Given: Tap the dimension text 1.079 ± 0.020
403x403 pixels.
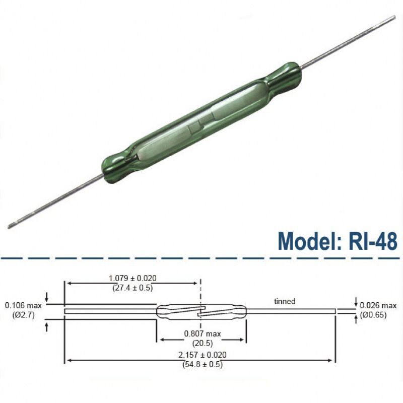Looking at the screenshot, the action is click(132, 278).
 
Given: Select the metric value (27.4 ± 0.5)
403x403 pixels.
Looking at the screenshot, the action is click(132, 287).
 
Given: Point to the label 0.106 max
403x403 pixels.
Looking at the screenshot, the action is click(23, 305).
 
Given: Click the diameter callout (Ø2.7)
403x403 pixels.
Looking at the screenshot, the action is click(23, 315).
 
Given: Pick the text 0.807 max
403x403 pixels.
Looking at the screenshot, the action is click(203, 333).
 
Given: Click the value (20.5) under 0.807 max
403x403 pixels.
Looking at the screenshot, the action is click(203, 343).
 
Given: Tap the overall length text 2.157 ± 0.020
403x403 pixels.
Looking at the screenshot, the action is click(203, 355).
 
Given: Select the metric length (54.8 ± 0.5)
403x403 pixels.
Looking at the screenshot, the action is click(203, 364).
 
